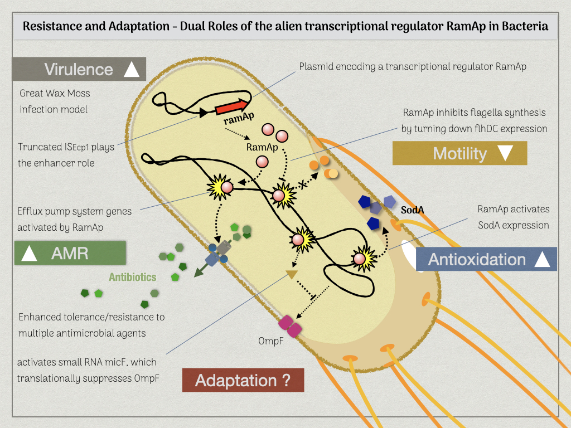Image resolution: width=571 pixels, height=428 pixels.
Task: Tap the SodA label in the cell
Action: pos(412,210)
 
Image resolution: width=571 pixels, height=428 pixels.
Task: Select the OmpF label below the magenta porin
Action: pos(270,341)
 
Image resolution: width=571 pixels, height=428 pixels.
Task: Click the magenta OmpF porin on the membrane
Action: pos(290,326)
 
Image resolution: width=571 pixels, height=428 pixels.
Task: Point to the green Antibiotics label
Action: pos(133,277)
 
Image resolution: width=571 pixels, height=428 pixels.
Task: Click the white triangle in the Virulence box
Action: pos(132,69)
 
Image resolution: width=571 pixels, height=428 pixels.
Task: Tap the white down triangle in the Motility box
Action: pos(505,153)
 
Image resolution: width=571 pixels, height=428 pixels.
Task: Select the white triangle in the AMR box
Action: pos(29,253)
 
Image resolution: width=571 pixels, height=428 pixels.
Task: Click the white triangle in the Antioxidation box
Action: pos(542,259)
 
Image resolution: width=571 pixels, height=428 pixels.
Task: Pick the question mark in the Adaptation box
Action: pos(286,380)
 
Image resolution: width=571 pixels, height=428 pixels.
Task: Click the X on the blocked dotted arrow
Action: pos(303,184)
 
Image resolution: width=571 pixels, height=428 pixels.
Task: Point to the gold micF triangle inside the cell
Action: pos(292,274)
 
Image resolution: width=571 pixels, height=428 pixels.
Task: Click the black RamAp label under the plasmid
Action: pos(262,147)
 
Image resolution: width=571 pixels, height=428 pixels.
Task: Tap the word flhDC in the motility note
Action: pos(485,129)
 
